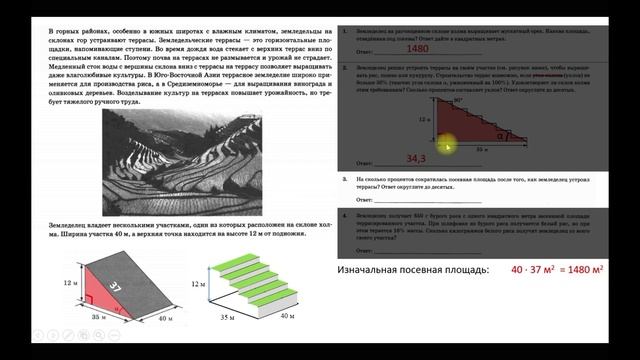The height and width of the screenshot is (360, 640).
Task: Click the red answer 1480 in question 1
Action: click(x=392, y=48)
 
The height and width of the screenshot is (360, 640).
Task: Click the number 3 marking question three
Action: click(x=344, y=179)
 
